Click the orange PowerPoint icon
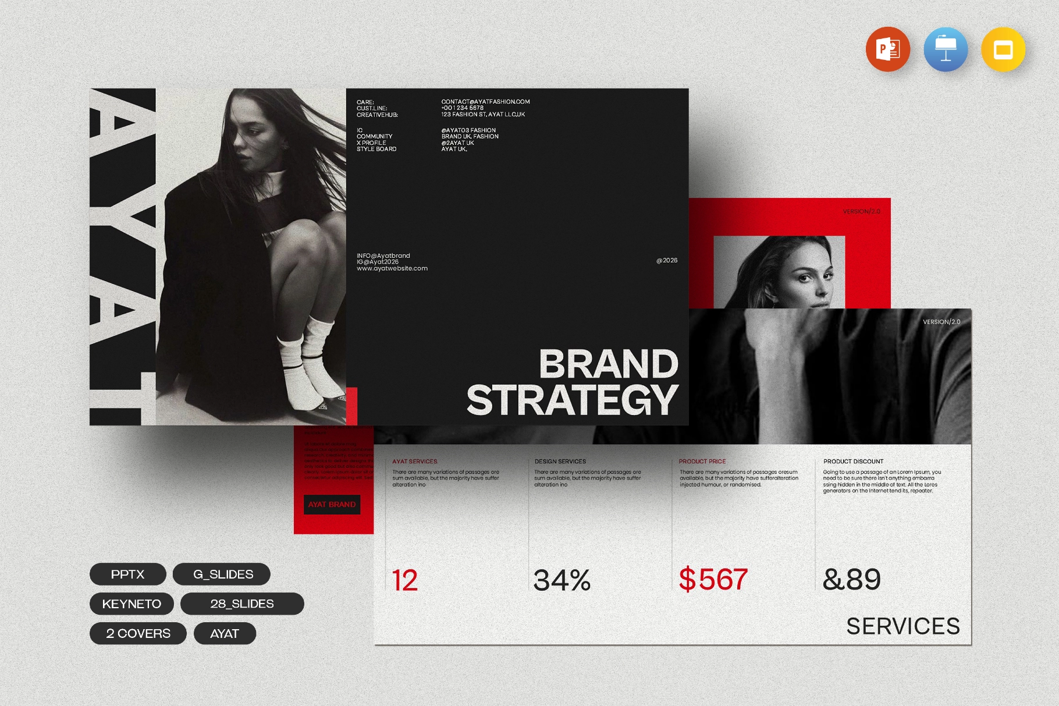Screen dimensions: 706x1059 887,49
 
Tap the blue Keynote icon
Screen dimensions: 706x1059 946,49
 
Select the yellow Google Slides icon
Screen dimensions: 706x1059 1003,49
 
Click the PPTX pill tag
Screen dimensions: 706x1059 127,574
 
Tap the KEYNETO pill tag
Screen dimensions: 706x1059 132,604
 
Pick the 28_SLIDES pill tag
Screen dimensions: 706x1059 242,604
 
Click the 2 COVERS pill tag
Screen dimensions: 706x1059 138,634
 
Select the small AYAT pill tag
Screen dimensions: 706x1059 225,634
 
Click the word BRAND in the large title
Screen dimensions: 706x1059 608,364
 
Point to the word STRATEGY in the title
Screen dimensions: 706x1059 573,400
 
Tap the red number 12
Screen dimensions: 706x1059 405,580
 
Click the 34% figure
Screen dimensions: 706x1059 562,580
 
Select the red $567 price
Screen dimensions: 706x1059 713,580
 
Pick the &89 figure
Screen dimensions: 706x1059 852,580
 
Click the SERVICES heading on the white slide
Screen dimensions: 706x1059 902,626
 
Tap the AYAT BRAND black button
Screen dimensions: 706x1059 332,505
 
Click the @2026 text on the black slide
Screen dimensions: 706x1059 667,260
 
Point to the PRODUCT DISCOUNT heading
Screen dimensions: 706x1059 853,462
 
